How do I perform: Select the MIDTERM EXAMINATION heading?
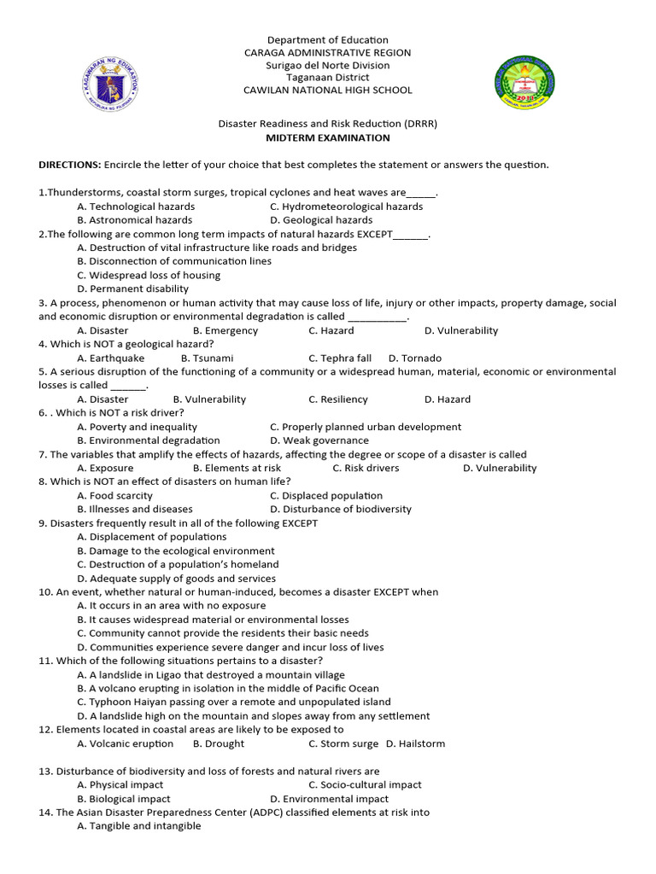tap(327, 138)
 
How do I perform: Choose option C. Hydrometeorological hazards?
tap(346, 207)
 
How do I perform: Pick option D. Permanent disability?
tap(132, 289)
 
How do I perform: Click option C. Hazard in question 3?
tap(331, 330)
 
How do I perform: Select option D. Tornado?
tap(415, 358)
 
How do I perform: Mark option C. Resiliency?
tap(338, 399)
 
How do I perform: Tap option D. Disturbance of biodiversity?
tap(340, 510)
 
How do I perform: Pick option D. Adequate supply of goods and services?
tap(177, 579)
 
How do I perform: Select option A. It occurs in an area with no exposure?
tap(171, 606)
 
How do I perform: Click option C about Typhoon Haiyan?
tap(222, 702)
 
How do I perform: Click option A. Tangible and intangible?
tap(138, 826)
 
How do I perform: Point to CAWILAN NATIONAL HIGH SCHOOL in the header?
tap(327, 90)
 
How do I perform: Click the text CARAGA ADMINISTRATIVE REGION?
tap(327, 53)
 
